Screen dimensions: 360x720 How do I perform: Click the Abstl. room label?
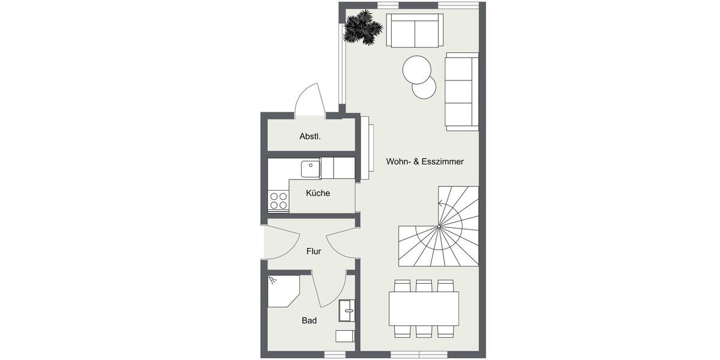310,137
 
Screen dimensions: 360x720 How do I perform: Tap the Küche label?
317,193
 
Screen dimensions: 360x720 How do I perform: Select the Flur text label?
313,251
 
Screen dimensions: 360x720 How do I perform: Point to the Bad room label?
309,321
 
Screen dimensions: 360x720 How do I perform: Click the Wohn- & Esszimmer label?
425,162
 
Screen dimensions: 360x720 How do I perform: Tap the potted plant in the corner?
362,28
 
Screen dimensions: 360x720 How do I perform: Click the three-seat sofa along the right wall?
461,91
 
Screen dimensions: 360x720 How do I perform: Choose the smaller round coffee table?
424,88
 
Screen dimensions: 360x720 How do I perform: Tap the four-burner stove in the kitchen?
278,200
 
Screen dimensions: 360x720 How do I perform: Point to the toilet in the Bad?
345,336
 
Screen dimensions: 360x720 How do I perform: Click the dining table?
424,308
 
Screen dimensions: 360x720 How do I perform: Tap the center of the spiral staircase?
440,226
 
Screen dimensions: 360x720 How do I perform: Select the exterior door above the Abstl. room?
310,99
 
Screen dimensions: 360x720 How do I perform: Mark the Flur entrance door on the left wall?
280,240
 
